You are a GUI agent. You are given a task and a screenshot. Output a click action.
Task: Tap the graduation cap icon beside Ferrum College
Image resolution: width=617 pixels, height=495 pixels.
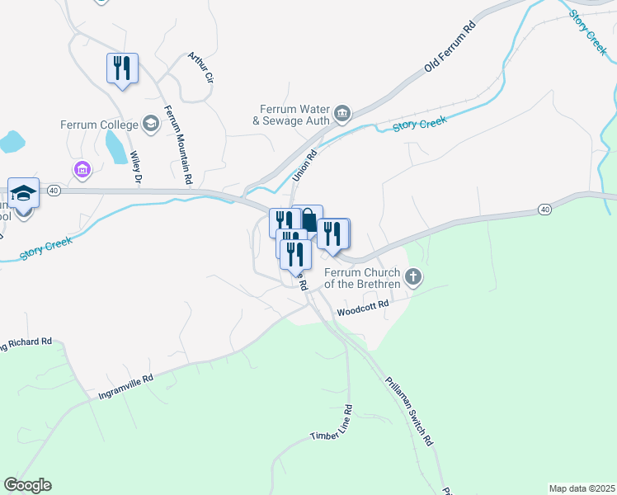click(x=150, y=125)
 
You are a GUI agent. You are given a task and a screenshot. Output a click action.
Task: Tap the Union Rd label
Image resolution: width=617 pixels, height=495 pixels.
click(x=304, y=161)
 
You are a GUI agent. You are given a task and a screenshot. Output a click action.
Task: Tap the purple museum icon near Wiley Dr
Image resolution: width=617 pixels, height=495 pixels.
click(x=82, y=170)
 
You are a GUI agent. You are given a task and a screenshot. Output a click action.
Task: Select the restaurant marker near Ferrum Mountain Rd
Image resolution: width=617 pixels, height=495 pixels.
click(x=122, y=68)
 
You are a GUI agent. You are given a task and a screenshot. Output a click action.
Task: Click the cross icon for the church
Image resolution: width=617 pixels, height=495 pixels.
click(x=414, y=278)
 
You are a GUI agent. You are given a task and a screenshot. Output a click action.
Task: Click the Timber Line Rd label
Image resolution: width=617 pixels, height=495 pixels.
click(x=331, y=422)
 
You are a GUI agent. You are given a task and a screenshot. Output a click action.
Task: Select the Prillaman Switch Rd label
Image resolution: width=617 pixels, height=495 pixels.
click(x=409, y=411)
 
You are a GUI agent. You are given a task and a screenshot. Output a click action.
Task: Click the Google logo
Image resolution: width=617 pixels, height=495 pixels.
click(x=27, y=485)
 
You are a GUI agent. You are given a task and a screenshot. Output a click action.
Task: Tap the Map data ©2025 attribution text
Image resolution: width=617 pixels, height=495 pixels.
click(x=582, y=488)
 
